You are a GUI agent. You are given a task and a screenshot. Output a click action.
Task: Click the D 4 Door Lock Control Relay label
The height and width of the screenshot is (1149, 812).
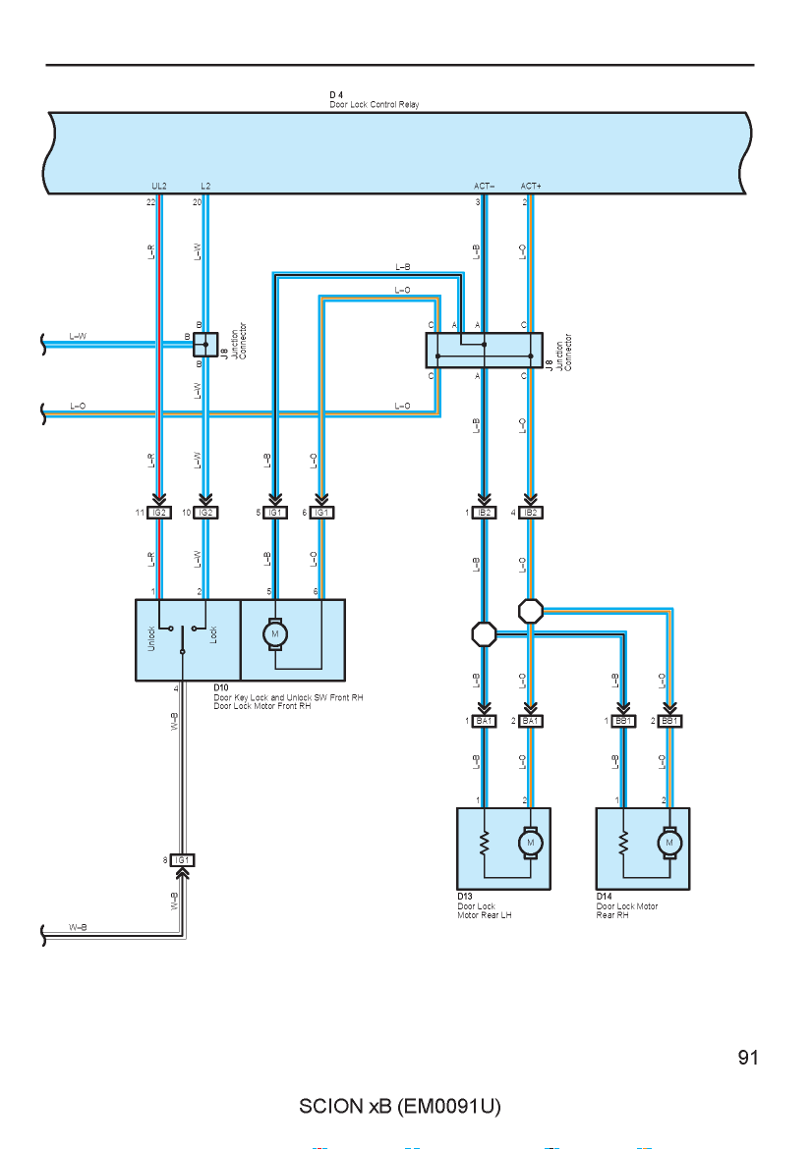click(375, 99)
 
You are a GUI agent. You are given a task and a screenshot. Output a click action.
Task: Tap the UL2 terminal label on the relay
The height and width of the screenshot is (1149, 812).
click(159, 187)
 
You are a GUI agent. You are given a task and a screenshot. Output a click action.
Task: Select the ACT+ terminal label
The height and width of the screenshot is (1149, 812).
click(531, 187)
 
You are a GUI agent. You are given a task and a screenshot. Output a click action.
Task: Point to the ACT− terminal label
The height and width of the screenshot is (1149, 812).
click(484, 187)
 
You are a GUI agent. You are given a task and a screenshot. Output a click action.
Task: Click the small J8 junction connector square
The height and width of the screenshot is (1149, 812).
click(205, 344)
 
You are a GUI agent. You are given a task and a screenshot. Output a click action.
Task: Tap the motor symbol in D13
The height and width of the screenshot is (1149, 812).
click(530, 843)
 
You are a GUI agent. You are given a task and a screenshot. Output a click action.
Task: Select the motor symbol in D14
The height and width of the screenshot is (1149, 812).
click(668, 843)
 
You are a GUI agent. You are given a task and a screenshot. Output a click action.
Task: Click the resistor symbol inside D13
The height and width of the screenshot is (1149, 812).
click(484, 843)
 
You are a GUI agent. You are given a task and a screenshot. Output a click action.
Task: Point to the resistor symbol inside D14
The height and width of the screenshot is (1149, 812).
click(623, 843)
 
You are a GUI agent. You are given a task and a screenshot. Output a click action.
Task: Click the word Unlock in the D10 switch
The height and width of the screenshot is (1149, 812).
click(151, 638)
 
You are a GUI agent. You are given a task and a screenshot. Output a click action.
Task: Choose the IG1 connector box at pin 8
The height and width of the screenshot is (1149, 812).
click(183, 860)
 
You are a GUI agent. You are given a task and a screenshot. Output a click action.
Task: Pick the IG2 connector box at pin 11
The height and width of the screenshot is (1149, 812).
click(159, 513)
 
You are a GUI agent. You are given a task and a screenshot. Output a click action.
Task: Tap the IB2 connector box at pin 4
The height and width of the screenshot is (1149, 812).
click(530, 513)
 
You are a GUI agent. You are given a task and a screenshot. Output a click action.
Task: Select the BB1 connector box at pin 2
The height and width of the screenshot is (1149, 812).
click(668, 722)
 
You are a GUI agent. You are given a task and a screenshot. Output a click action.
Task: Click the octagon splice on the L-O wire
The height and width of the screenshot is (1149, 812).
click(530, 611)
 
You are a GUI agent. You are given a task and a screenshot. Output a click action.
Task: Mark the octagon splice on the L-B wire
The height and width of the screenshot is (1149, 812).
click(484, 633)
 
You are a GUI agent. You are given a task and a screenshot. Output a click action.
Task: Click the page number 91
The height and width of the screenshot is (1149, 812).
click(748, 1058)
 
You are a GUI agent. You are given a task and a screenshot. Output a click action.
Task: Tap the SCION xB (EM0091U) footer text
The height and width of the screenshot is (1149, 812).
click(400, 1106)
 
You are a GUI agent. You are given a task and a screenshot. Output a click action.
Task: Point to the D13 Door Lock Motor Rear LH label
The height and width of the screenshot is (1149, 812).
click(484, 905)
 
